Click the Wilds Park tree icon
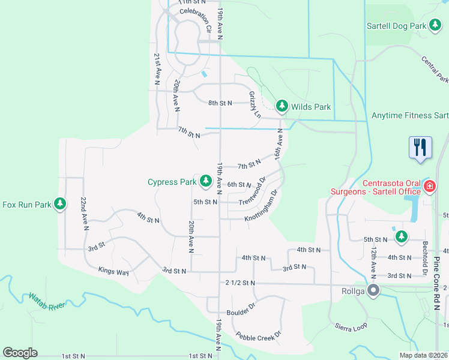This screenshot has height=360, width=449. coord(282,106)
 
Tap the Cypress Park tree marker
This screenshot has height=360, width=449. coord(206,181)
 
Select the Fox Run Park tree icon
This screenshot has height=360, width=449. coord(59,204)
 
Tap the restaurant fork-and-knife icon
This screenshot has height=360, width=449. coord(420,148)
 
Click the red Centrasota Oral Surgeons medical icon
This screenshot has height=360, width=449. coord(429,186)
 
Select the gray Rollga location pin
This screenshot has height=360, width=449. coord(373,292)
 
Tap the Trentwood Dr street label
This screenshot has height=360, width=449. coord(253,193)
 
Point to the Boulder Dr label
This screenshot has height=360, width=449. coord(241,308)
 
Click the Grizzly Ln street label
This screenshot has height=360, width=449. coord(255,104)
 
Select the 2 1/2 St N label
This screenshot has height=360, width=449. coord(240,283)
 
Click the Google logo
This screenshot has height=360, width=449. coord(20,353)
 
